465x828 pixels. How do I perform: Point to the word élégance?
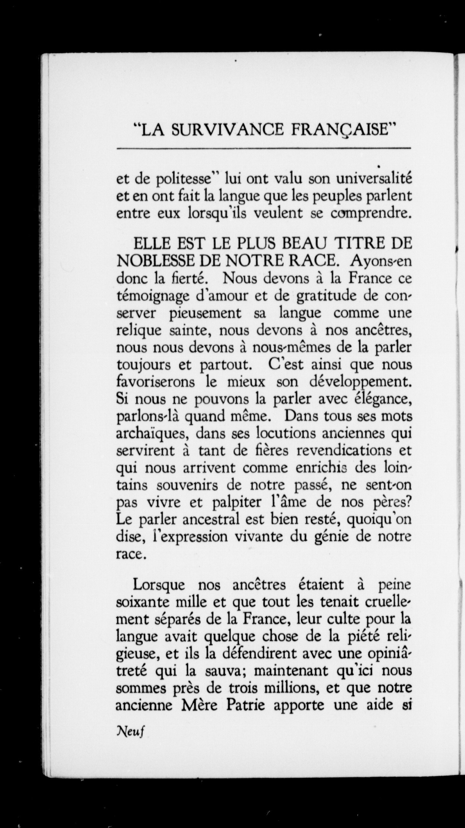pos(381,400)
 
